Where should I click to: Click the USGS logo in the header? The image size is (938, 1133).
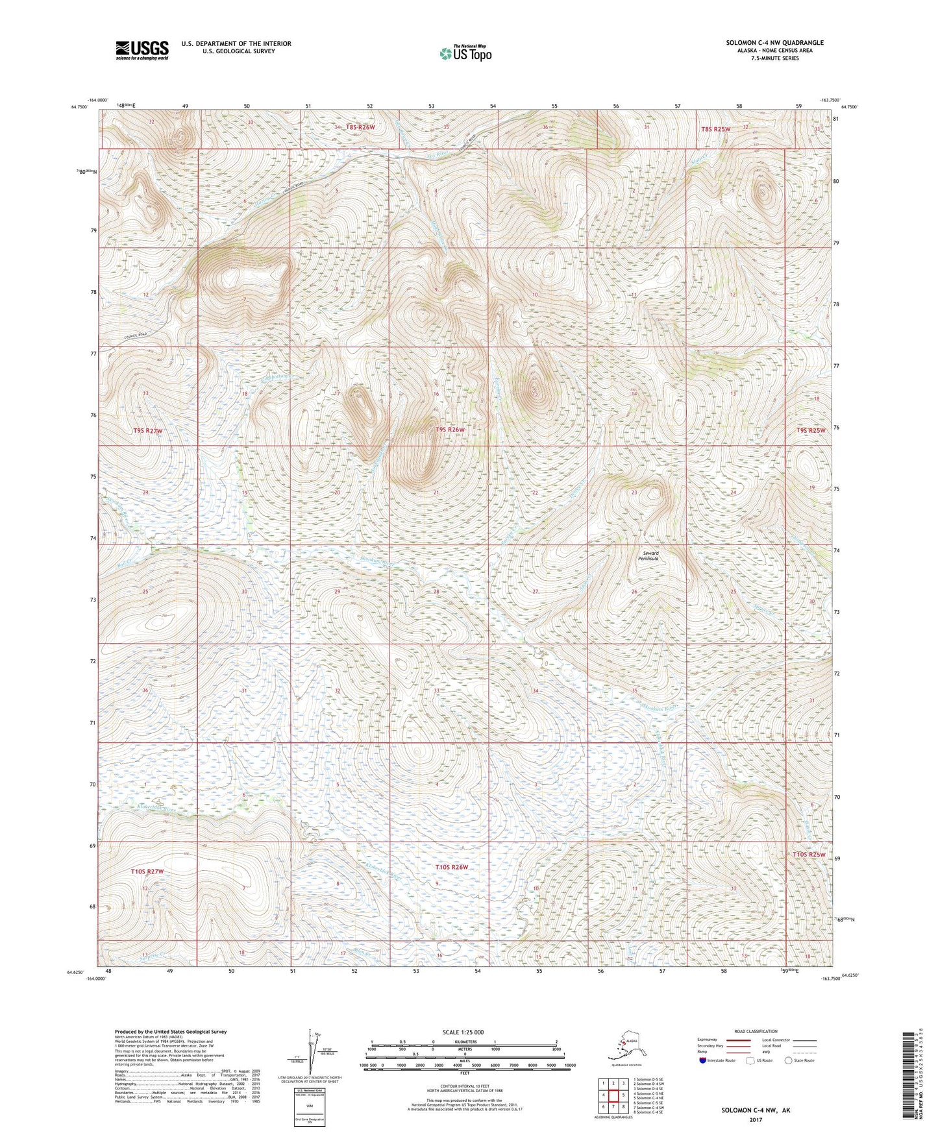[142, 49]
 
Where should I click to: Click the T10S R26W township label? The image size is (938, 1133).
[451, 867]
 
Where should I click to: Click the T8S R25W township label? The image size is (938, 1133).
[715, 129]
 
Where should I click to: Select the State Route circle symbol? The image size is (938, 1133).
[789, 1060]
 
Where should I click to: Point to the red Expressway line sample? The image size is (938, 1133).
[739, 1040]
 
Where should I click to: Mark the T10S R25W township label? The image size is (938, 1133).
[809, 855]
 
